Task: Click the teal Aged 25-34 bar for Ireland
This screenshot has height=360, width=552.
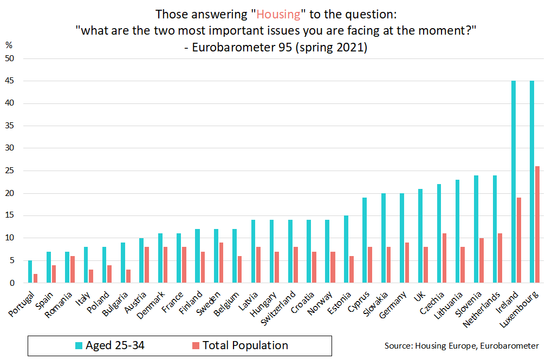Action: click(x=514, y=181)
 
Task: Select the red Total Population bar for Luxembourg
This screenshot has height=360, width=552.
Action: click(x=537, y=224)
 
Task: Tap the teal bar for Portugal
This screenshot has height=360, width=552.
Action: click(x=30, y=272)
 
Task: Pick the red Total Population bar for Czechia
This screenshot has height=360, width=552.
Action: click(x=445, y=258)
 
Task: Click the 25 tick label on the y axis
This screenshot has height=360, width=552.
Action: click(x=11, y=171)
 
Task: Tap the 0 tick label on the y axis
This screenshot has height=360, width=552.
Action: click(x=13, y=283)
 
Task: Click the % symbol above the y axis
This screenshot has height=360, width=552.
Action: click(x=9, y=45)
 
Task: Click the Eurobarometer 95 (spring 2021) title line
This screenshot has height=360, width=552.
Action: click(x=276, y=48)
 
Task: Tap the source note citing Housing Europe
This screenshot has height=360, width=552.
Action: click(x=462, y=345)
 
